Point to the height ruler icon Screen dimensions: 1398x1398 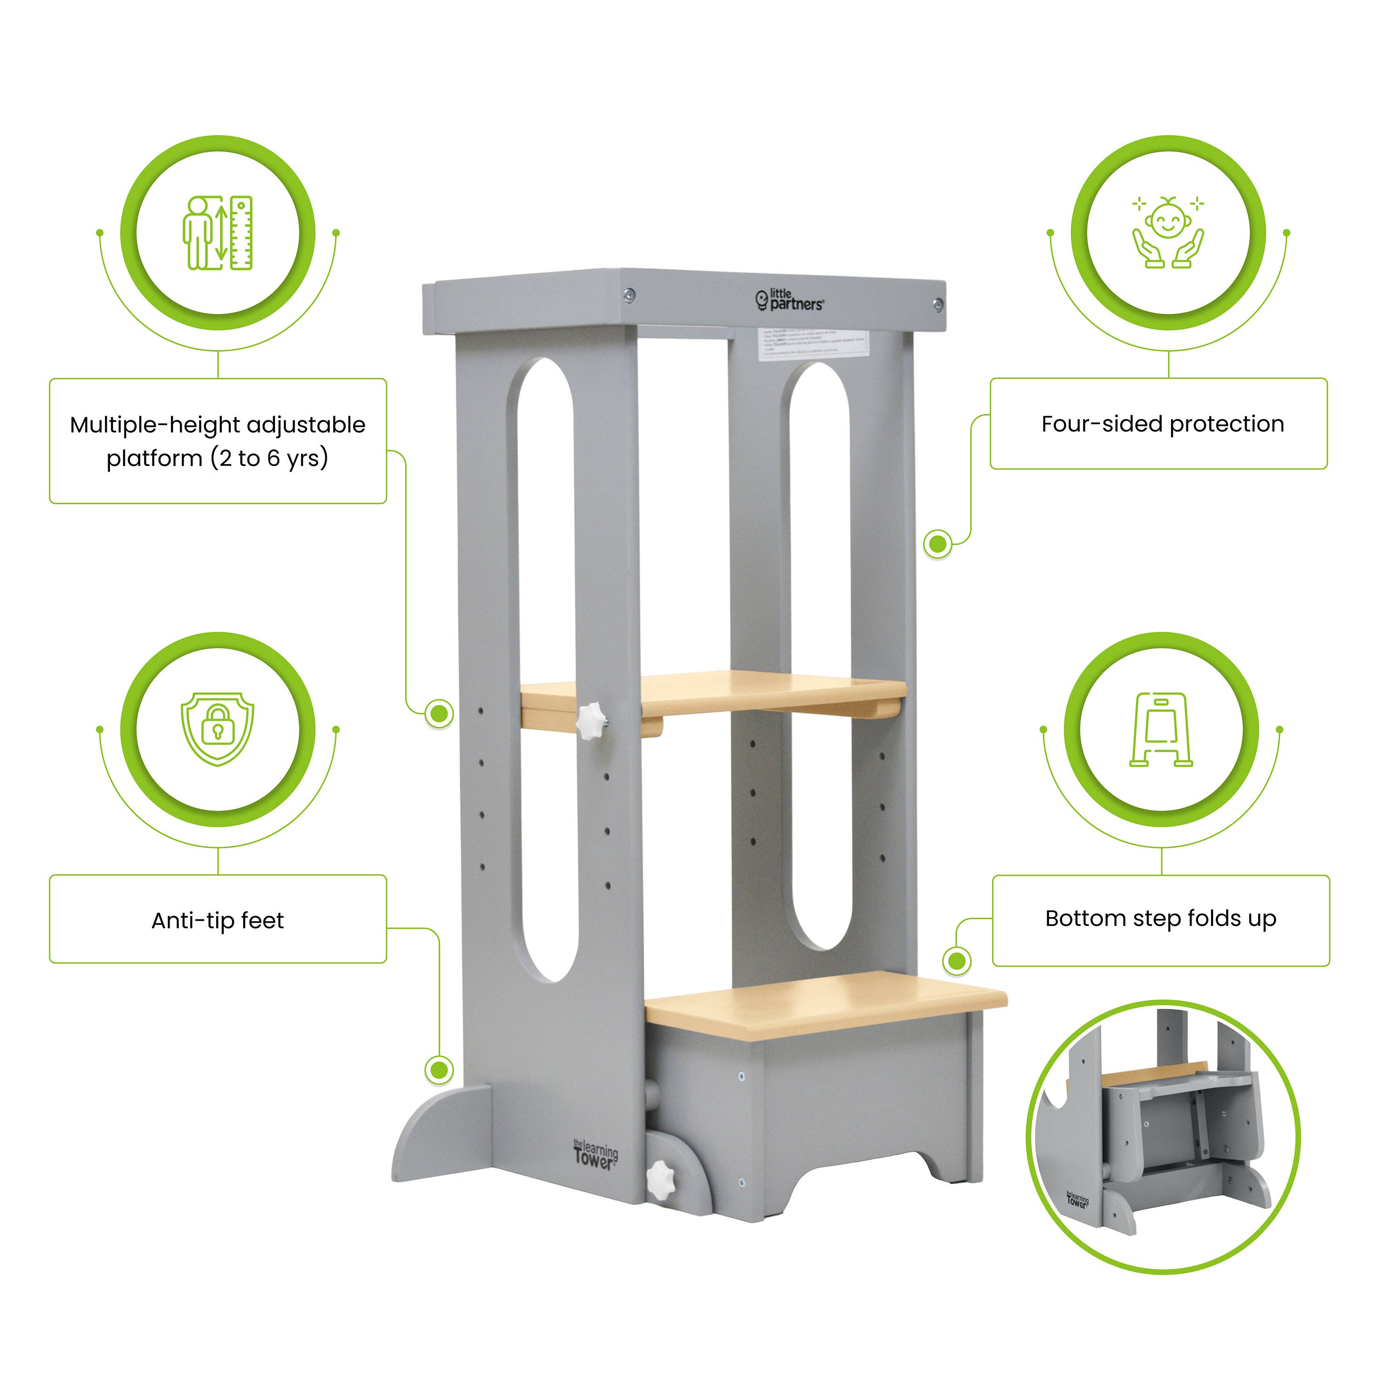(218, 233)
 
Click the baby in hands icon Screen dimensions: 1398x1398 (1167, 233)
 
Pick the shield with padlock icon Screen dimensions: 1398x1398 (217, 729)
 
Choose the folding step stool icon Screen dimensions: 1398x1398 (1161, 729)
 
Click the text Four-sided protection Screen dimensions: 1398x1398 (1162, 424)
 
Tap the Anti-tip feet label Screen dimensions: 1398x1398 (217, 920)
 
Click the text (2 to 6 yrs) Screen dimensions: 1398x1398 (269, 458)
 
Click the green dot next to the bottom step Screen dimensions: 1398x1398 (957, 961)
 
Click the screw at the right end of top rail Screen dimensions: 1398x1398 (937, 304)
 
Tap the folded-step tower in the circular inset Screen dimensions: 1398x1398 (1161, 1137)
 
